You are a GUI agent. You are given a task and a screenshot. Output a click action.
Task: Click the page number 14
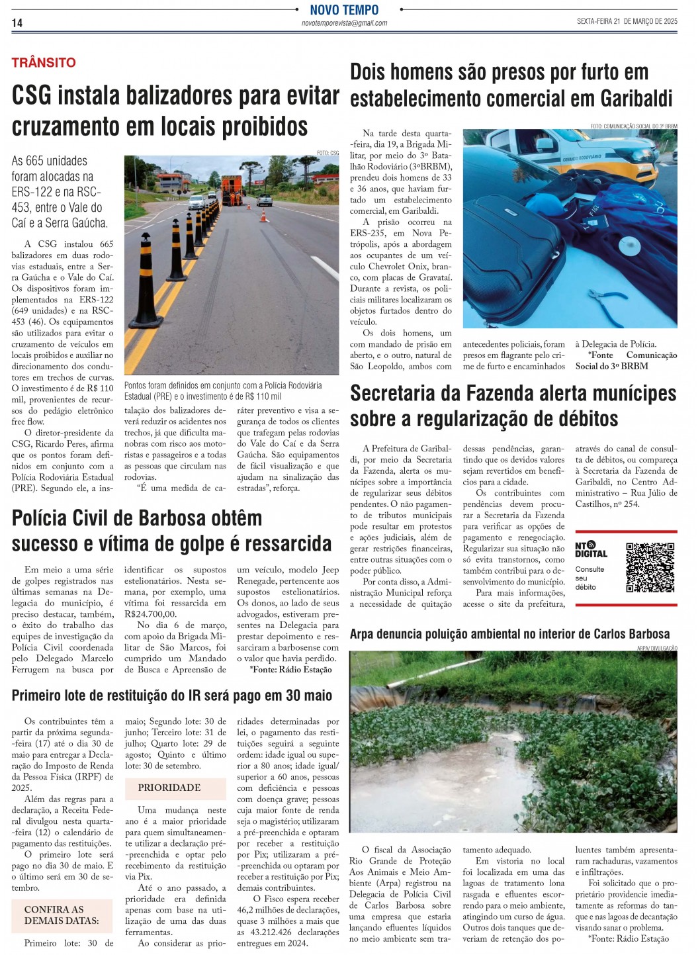17,23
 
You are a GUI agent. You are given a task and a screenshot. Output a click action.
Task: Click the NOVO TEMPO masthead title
344,9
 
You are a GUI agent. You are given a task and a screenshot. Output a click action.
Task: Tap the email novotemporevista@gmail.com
344,23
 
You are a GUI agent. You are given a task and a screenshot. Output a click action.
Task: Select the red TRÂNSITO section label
44,63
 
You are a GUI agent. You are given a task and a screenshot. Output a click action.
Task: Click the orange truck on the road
232,189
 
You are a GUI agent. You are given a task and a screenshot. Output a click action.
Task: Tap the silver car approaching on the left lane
197,202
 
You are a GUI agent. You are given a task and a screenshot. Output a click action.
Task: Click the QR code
650,567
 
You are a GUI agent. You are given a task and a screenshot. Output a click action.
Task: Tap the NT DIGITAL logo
590,549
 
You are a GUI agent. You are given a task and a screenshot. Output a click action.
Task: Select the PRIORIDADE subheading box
169,788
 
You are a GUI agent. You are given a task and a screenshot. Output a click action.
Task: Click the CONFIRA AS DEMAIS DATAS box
62,915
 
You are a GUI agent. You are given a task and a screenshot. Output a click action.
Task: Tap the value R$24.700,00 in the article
150,614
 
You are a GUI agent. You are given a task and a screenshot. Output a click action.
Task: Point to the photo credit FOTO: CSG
328,153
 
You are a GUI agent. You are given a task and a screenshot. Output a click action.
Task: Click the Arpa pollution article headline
509,634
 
